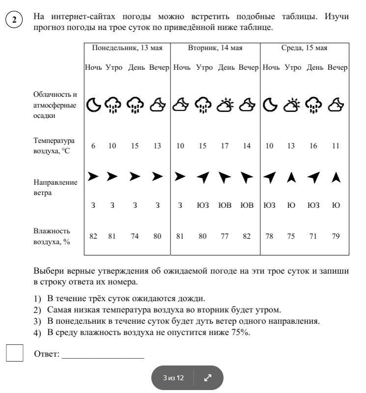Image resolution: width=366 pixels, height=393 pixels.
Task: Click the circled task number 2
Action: tap(14, 20)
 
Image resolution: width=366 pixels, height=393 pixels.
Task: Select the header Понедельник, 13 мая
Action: tap(127, 48)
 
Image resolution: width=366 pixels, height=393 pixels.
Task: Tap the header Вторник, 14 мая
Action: tap(215, 48)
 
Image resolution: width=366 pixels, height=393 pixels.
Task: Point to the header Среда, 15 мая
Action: tap(304, 48)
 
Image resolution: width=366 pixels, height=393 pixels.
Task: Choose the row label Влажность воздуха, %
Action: tap(52, 236)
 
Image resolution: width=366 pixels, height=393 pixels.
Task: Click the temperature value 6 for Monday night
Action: tap(93, 146)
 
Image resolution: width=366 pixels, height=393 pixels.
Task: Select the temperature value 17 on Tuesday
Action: tap(225, 146)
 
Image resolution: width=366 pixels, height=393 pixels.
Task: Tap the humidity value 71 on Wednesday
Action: tap(313, 236)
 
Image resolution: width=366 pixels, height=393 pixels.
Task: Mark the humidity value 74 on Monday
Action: tap(135, 236)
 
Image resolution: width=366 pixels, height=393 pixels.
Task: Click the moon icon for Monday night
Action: tap(93, 104)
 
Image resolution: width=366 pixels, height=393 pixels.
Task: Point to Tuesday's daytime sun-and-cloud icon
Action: tap(226, 104)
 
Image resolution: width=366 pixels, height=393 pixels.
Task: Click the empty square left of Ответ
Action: tap(15, 353)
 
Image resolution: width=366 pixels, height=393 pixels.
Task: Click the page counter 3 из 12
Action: tap(173, 378)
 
